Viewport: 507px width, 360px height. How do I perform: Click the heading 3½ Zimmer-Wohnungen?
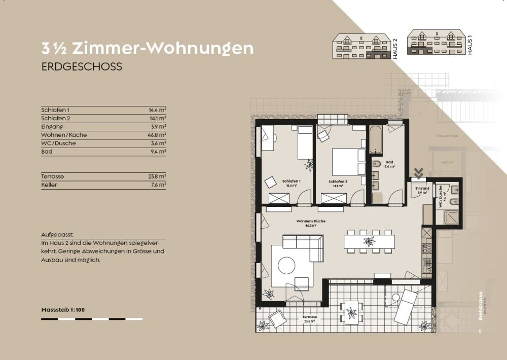tap(147, 49)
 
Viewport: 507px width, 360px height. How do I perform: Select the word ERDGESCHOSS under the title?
tap(82, 67)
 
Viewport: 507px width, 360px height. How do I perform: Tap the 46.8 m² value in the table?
tap(158, 135)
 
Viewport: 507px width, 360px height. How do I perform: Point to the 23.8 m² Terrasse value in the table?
tap(158, 176)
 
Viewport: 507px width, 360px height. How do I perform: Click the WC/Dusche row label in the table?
tap(58, 143)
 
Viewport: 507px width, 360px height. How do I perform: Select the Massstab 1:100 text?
tap(63, 309)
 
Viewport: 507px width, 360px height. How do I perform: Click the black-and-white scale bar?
tap(92, 319)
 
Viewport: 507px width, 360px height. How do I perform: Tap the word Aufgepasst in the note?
tap(57, 235)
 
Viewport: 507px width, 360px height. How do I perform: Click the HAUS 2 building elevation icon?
tap(361, 47)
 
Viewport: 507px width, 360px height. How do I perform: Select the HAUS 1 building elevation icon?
tap(436, 43)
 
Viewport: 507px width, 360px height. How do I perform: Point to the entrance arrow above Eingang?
tap(419, 173)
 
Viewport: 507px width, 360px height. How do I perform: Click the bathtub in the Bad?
tap(376, 139)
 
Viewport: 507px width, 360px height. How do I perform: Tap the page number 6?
tap(480, 331)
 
